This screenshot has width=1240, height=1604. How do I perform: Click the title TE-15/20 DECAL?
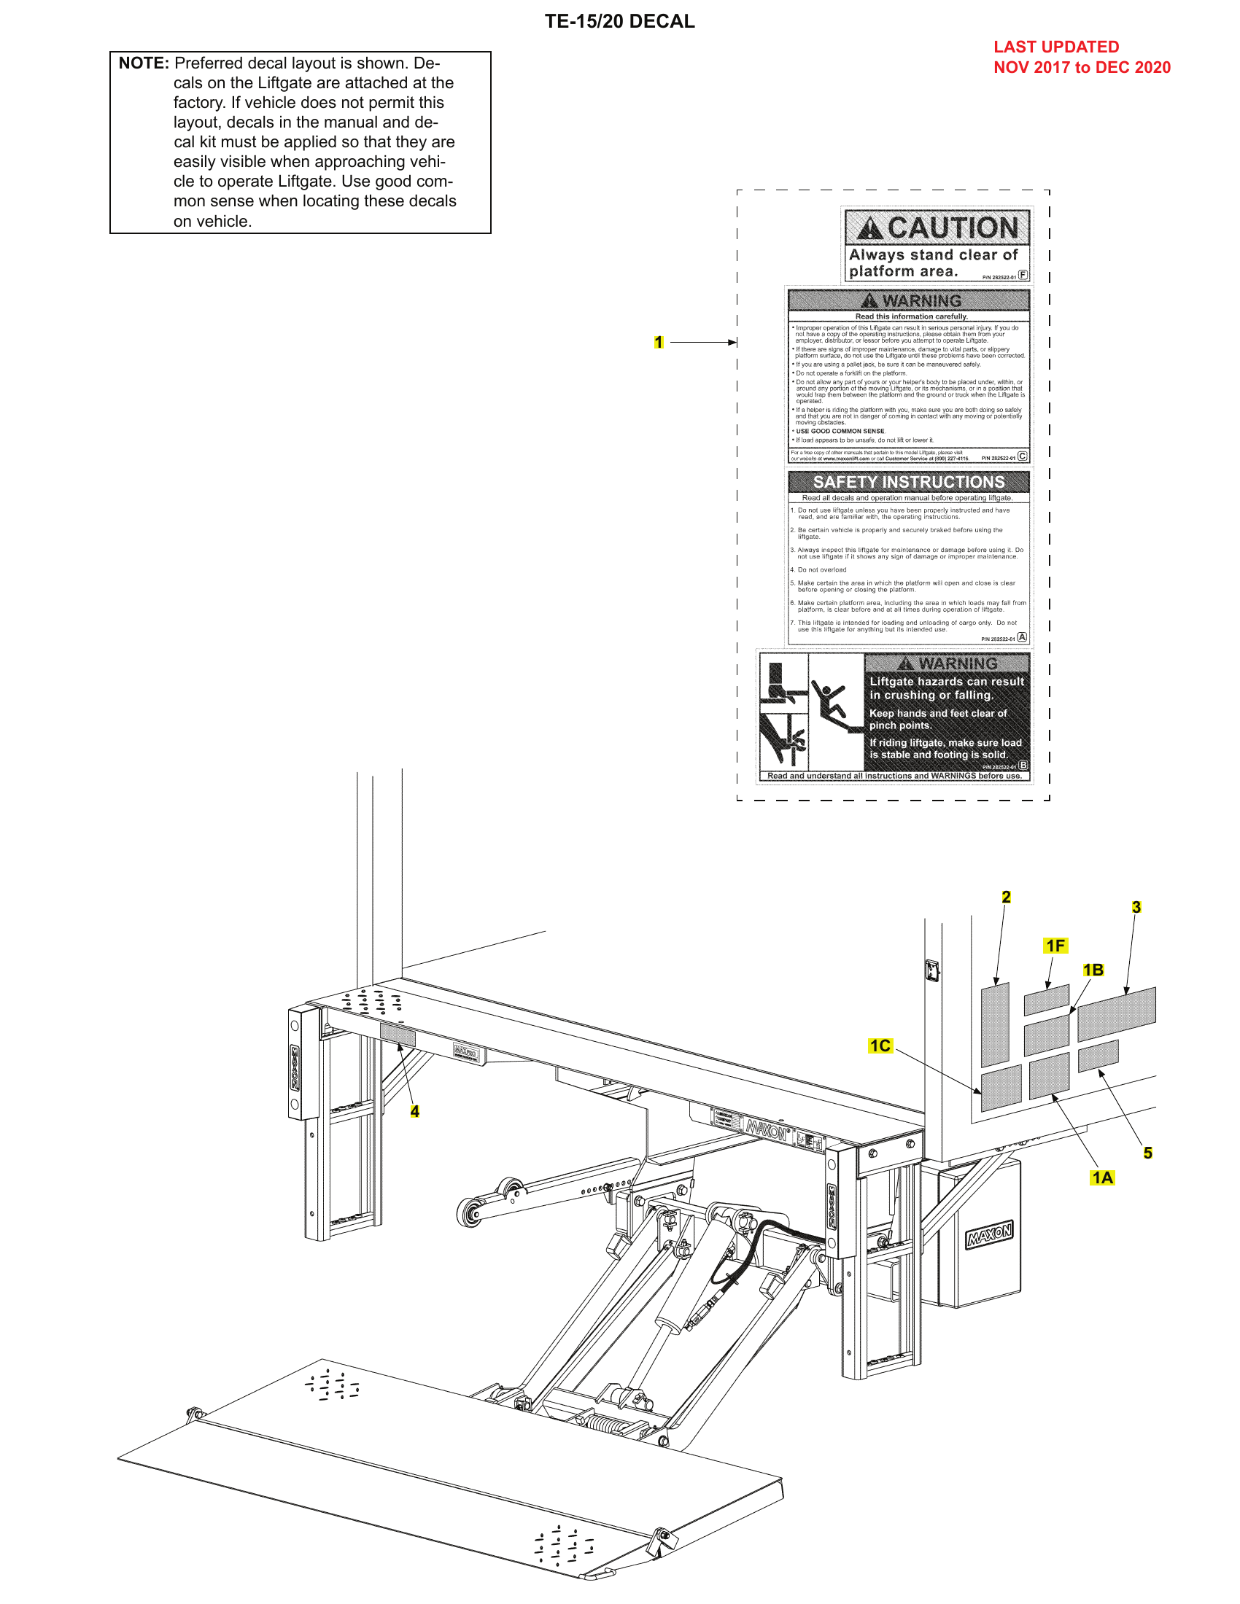(x=619, y=21)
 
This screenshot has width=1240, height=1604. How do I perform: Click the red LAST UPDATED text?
(x=1055, y=47)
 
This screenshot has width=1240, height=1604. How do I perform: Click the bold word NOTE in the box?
(x=143, y=63)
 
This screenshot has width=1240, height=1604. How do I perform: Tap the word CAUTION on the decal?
(x=952, y=227)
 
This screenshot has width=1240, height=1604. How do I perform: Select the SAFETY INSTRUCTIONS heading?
(x=908, y=482)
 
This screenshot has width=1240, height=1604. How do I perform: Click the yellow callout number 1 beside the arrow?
(x=658, y=342)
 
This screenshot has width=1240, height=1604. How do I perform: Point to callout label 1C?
(x=880, y=1046)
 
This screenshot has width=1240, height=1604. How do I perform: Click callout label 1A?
(x=1102, y=1178)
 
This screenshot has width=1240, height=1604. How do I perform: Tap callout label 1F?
(x=1055, y=946)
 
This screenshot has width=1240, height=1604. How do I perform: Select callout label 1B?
(x=1093, y=970)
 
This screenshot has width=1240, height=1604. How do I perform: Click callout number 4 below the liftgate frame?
(x=414, y=1112)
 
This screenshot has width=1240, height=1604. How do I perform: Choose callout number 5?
(x=1147, y=1153)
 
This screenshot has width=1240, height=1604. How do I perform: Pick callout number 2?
(x=1006, y=897)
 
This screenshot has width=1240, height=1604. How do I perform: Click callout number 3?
(x=1136, y=907)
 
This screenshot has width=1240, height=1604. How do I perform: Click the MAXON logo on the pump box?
(x=989, y=1235)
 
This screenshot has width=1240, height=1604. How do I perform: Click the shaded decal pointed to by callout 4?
(x=398, y=1035)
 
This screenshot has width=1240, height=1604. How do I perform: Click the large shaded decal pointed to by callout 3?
(x=1116, y=1013)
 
